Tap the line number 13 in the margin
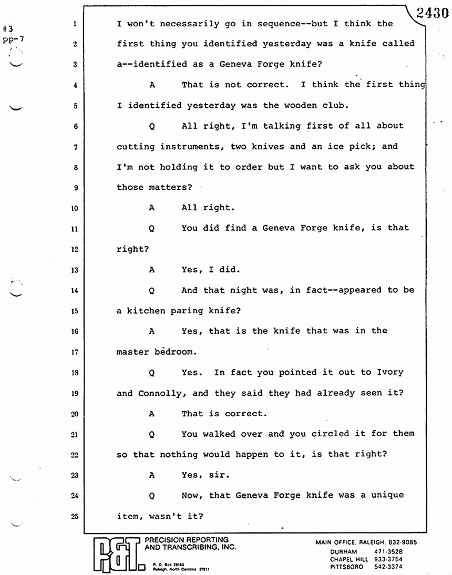[75, 270]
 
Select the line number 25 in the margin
[75, 516]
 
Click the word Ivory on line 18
[389, 372]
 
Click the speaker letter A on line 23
[152, 475]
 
